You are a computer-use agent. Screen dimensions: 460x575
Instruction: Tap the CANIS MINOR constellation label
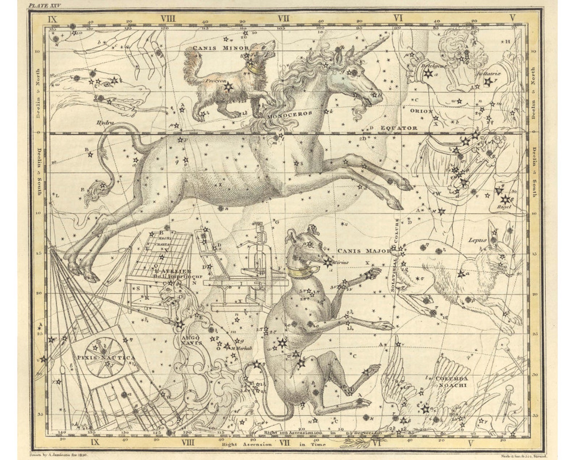[x=221, y=48]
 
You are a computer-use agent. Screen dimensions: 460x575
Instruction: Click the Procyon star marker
[x=228, y=87]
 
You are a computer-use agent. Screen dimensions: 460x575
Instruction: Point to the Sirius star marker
[x=328, y=263]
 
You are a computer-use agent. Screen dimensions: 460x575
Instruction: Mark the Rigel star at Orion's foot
[x=505, y=199]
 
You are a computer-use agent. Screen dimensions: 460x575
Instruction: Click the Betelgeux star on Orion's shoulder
[x=428, y=74]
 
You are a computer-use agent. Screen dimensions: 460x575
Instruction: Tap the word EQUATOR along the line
[x=399, y=128]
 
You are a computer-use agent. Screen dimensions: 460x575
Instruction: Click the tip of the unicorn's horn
[x=388, y=36]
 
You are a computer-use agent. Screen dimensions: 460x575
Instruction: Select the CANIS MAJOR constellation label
[x=364, y=251]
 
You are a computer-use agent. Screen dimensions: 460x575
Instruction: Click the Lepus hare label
[x=477, y=240]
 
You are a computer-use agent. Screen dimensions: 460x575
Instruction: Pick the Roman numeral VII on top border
[x=284, y=18]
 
